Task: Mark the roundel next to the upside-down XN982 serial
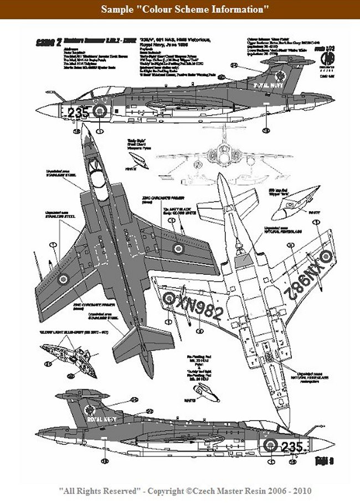[326, 255]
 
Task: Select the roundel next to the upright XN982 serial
[169, 299]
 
